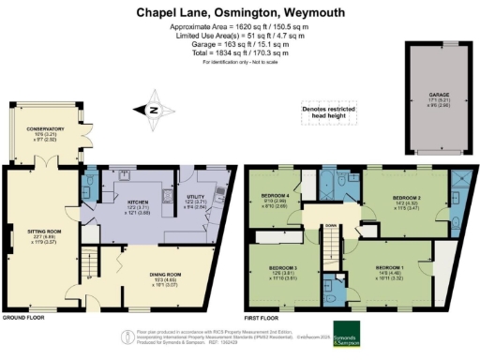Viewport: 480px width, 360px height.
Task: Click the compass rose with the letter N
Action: tap(153, 112)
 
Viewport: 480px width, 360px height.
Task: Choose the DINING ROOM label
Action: tap(171, 274)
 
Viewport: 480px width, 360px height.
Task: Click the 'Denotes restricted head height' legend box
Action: tap(324, 113)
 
